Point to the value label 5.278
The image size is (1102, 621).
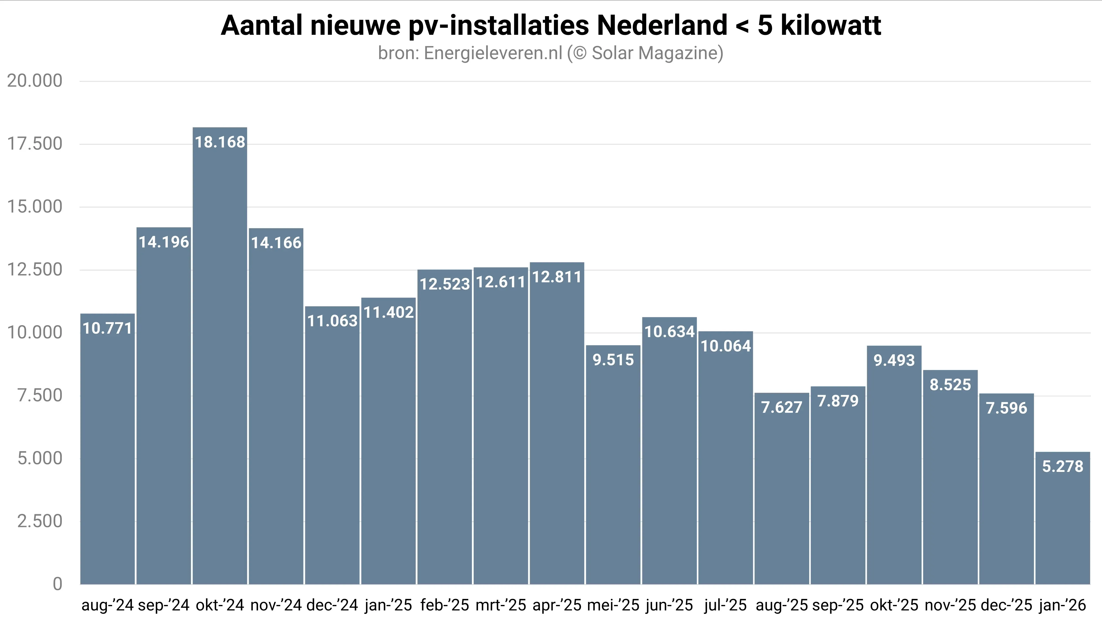(x=1063, y=466)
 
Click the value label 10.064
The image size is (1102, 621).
(x=726, y=346)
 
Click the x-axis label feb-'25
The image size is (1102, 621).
(x=444, y=605)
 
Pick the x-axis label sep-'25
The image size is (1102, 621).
(x=838, y=605)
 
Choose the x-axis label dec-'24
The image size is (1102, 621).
(x=332, y=605)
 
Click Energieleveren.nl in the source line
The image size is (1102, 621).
(x=493, y=53)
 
